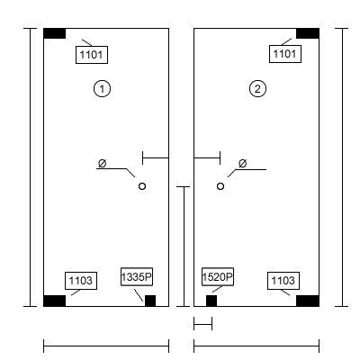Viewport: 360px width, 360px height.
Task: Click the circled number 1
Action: click(x=102, y=89)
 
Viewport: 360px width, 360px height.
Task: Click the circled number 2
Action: click(x=257, y=89)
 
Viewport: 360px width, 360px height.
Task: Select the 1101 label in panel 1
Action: click(x=92, y=55)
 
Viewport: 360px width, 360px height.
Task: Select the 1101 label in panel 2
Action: click(x=285, y=54)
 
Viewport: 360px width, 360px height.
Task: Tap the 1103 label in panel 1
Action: click(x=81, y=281)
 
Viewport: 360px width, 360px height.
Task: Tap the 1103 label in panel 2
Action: click(x=283, y=281)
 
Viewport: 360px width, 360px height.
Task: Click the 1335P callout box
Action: click(x=137, y=276)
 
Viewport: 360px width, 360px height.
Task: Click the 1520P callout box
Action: click(x=218, y=276)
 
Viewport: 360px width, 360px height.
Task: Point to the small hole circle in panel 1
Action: click(x=142, y=186)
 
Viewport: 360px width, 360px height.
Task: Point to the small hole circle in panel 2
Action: click(x=220, y=186)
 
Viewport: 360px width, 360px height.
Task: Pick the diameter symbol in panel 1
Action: click(x=103, y=164)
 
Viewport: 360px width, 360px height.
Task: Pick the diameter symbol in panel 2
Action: click(x=243, y=164)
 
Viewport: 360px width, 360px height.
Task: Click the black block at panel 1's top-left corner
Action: click(x=55, y=33)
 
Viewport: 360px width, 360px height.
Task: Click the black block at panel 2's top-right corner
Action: click(x=308, y=33)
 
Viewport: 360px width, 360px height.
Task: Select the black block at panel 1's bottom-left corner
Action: click(x=55, y=301)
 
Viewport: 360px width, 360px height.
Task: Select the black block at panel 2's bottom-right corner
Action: click(x=308, y=301)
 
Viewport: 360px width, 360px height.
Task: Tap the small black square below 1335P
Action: click(x=150, y=301)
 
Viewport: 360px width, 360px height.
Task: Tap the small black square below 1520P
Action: click(x=211, y=301)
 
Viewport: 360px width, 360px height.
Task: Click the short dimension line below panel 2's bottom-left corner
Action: click(x=203, y=324)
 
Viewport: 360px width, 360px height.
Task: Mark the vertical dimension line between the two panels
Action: click(x=184, y=247)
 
